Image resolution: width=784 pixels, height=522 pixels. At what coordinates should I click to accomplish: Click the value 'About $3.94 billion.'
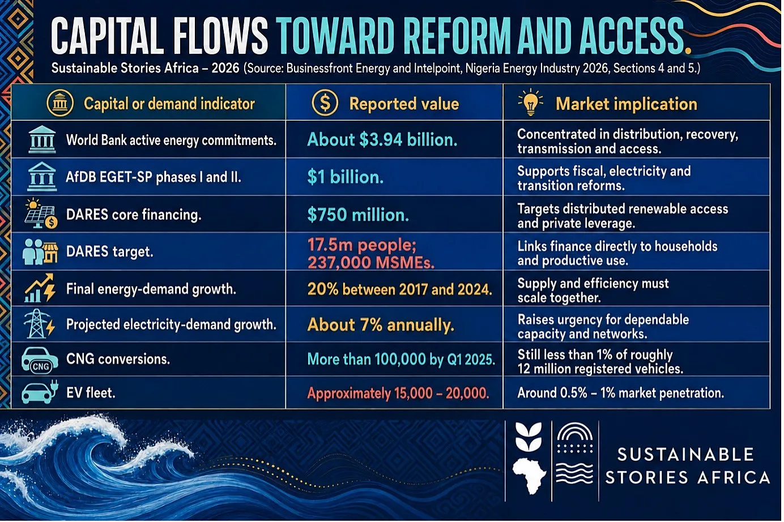[382, 140]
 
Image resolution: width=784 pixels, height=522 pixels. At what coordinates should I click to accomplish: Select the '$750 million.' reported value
[358, 215]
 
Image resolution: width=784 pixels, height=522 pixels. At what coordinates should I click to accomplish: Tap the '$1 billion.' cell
[346, 177]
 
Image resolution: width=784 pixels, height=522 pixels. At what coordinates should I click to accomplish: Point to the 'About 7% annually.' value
[381, 325]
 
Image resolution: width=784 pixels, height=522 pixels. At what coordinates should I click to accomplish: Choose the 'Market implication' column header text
[627, 104]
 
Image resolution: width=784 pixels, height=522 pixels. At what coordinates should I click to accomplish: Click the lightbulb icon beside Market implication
[531, 102]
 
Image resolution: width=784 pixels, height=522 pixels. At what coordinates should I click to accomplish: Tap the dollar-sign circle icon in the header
[325, 103]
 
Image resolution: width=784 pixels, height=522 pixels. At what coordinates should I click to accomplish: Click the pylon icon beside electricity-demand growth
[39, 324]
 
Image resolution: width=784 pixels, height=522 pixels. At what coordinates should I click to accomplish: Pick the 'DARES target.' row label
[109, 251]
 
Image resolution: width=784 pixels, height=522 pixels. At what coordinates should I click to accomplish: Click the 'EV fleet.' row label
[91, 393]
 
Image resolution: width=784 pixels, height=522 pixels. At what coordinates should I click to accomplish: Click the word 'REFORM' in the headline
[458, 36]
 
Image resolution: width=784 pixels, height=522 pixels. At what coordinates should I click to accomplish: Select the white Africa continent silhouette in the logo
[529, 476]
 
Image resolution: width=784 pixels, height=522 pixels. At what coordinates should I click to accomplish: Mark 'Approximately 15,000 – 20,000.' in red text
[398, 393]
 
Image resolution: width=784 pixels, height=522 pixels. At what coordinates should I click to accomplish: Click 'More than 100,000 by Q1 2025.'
[401, 360]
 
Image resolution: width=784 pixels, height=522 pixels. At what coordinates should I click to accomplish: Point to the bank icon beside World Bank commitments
[42, 140]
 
